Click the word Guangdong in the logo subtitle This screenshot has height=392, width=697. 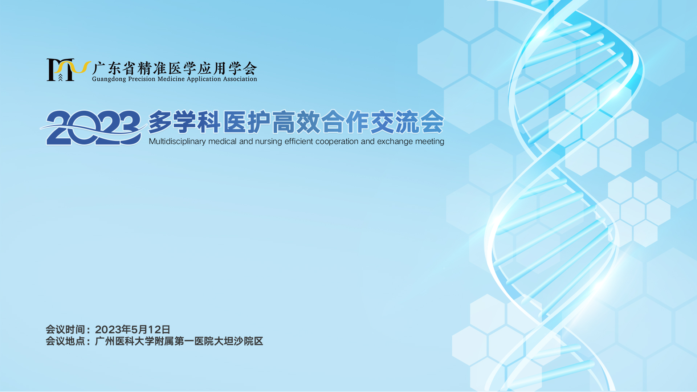tap(109, 79)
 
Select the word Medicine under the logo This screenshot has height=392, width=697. tap(171, 79)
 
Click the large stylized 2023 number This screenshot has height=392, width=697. tap(93, 128)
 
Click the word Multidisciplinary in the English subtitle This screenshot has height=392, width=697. tap(178, 142)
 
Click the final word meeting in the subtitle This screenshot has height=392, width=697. tap(427, 142)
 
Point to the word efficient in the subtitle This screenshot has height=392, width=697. tap(299, 141)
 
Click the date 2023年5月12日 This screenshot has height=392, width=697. tap(133, 330)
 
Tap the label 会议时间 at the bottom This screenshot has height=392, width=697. tap(65, 330)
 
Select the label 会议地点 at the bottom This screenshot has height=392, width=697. tap(65, 341)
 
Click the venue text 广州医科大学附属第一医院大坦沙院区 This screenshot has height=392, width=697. tap(179, 341)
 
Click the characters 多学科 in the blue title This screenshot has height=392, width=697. tap(184, 122)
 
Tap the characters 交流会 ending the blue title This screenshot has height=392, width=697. tap(407, 122)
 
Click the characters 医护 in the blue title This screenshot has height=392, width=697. tap(246, 122)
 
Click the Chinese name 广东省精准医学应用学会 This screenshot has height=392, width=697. tap(175, 68)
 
